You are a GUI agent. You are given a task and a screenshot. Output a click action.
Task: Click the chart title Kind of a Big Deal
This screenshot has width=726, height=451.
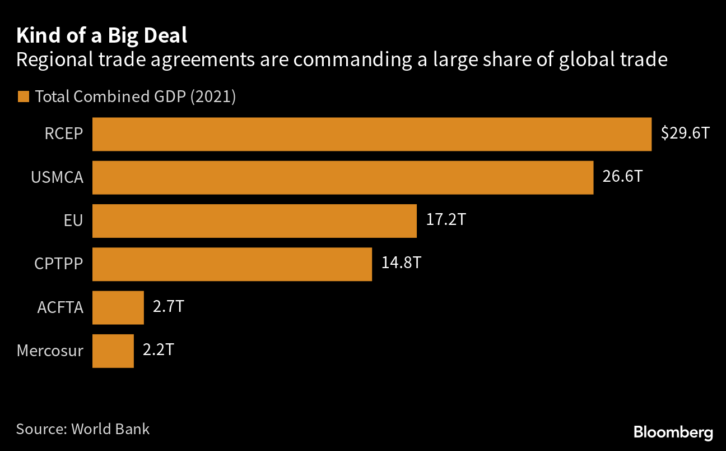point(101,35)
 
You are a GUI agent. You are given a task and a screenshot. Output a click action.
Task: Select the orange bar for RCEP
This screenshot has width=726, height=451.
point(371,134)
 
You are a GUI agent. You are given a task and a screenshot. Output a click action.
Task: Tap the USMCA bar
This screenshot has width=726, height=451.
point(342,177)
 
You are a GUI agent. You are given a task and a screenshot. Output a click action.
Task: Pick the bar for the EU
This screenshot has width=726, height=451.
point(254,220)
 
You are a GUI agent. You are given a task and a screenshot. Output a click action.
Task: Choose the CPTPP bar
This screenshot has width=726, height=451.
point(232,264)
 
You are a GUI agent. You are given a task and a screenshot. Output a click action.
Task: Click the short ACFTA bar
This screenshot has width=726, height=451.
point(118,307)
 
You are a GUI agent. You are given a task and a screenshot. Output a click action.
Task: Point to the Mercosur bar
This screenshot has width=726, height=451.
point(113,351)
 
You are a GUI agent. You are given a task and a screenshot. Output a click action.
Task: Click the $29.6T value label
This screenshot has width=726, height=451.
point(685,134)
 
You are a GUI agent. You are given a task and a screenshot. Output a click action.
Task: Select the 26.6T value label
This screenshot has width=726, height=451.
point(622,177)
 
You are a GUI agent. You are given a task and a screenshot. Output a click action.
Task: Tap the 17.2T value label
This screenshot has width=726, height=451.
point(446,220)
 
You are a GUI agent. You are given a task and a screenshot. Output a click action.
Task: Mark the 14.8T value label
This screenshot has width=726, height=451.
point(401,263)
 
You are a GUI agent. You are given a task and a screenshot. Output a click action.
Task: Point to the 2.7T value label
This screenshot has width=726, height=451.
point(169,307)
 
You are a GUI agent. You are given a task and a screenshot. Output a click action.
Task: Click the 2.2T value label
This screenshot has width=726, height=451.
point(159,350)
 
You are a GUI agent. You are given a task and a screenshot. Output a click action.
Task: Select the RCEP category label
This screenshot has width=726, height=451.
point(64,134)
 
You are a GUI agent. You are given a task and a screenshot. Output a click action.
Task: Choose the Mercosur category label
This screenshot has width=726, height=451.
point(50,351)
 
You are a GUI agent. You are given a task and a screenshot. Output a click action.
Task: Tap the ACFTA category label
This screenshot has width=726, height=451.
point(60,307)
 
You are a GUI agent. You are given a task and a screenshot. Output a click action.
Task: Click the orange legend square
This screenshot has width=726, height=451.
point(23,96)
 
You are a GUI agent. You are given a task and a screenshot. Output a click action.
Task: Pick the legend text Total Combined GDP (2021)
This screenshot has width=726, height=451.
point(135,96)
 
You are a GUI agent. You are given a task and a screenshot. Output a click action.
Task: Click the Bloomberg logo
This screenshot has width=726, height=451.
point(673,432)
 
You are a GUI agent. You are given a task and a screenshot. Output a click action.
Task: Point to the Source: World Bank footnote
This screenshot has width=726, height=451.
point(83,429)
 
